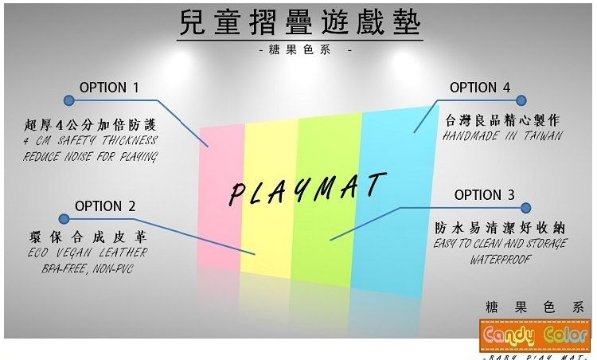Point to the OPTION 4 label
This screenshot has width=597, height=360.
pyautogui.click(x=480, y=88)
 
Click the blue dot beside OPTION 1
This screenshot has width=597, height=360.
pyautogui.click(x=68, y=101)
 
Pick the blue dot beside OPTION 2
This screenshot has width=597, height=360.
pyautogui.click(x=63, y=218)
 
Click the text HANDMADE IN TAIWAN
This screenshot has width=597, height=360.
pyautogui.click(x=504, y=135)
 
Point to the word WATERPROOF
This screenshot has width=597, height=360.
pyautogui.click(x=501, y=259)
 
